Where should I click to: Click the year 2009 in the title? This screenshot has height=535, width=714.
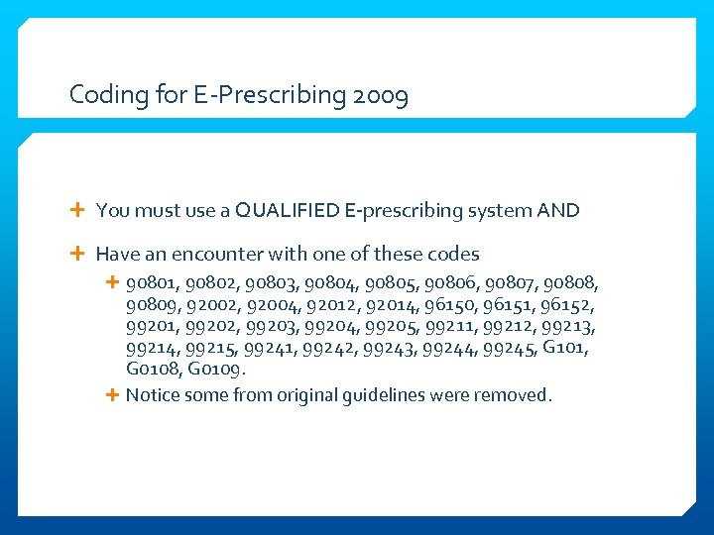[380, 96]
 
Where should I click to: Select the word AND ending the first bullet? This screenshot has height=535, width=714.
[557, 210]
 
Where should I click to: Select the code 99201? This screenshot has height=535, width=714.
[152, 326]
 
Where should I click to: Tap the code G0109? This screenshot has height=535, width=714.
[216, 370]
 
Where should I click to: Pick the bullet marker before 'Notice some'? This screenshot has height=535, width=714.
[112, 395]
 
